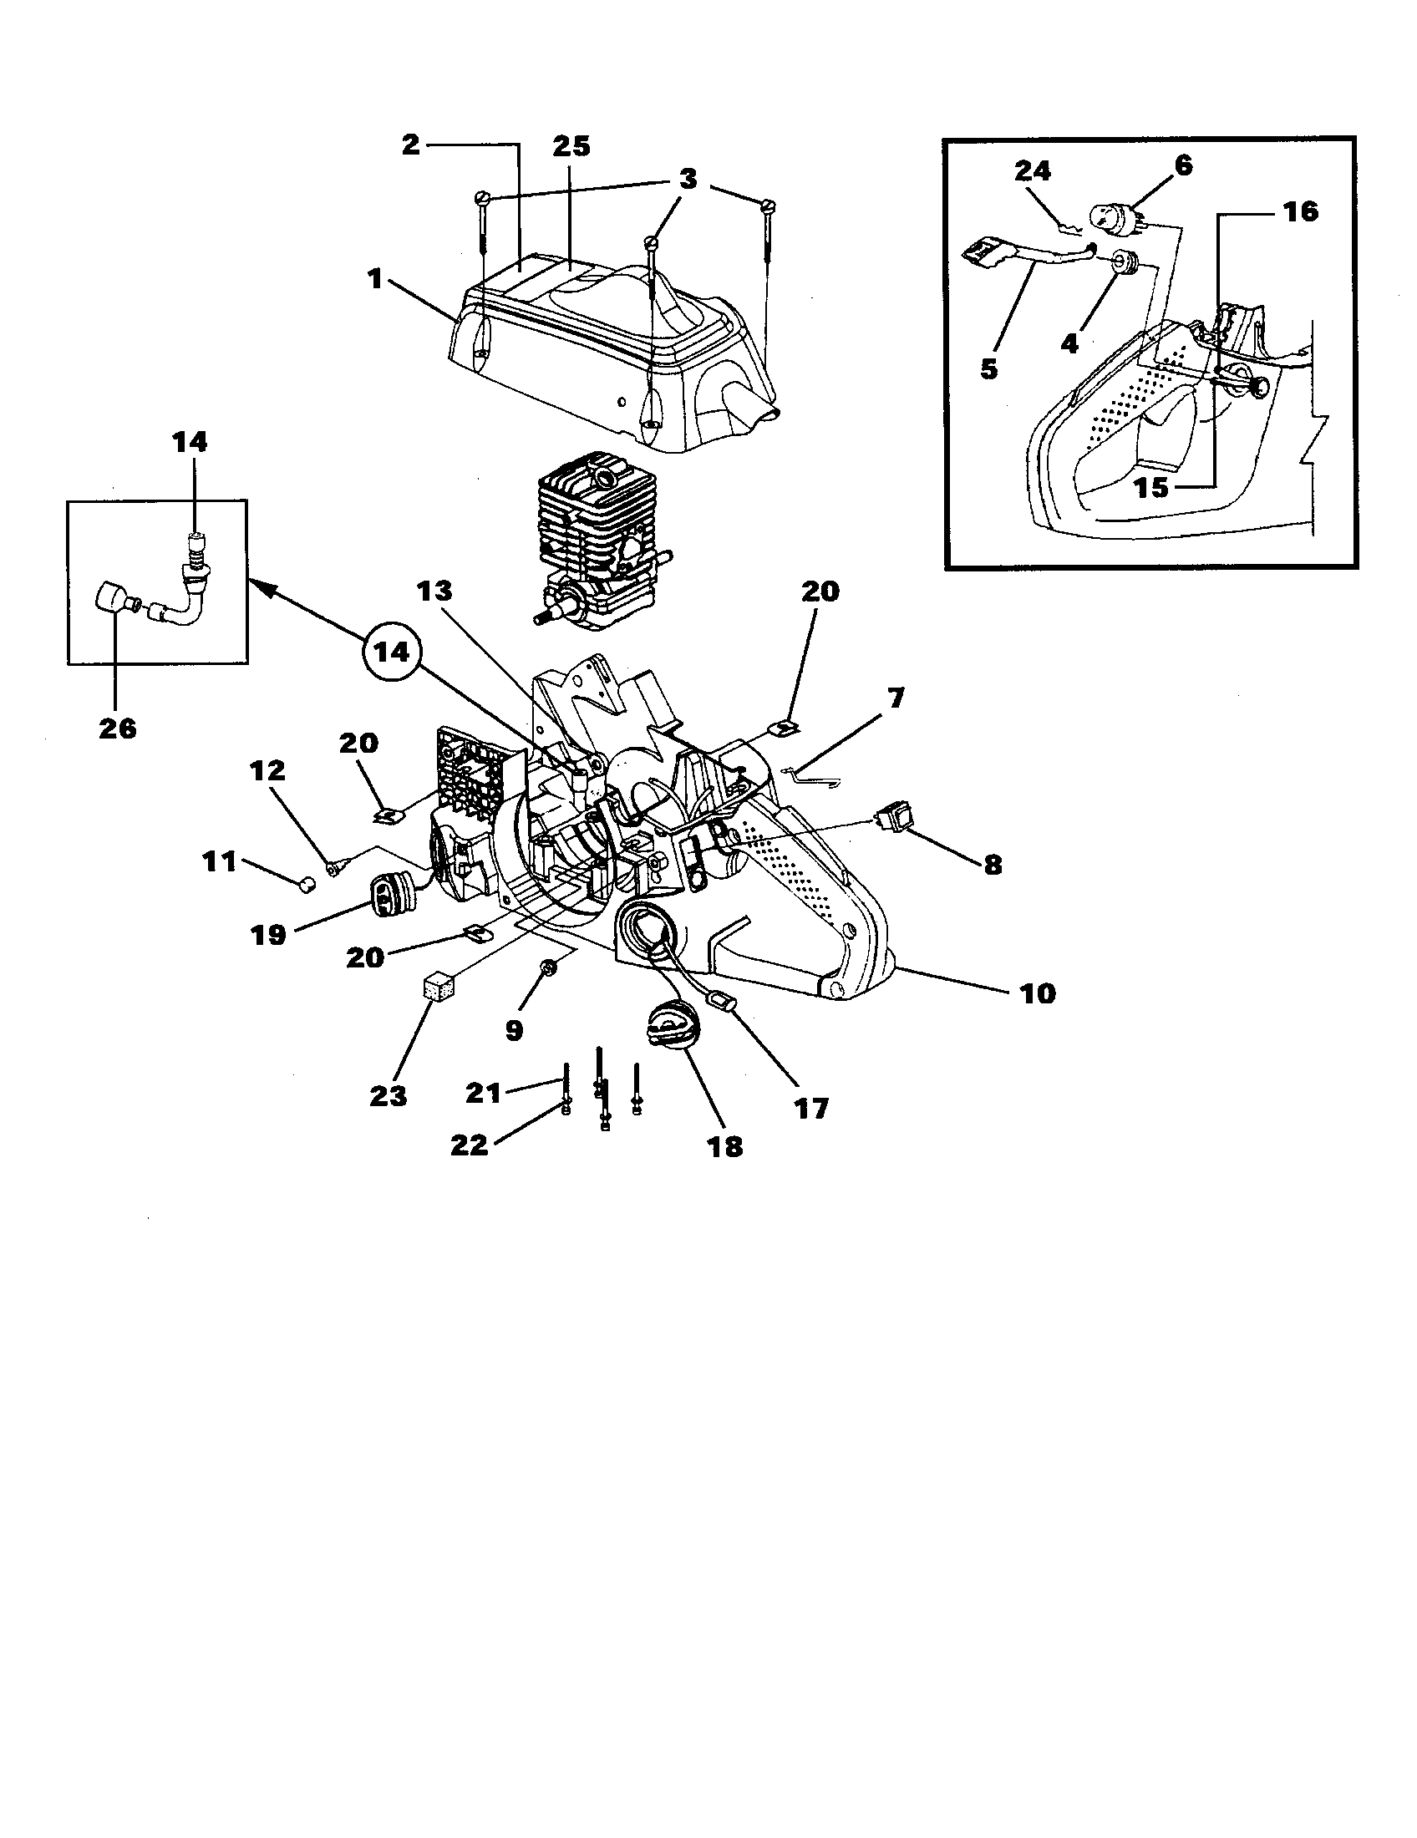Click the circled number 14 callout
click(391, 652)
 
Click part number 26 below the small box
click(117, 728)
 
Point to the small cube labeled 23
click(437, 987)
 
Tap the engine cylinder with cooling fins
click(593, 543)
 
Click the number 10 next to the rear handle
click(1037, 993)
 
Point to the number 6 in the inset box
click(1183, 165)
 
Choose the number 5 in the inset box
click(989, 368)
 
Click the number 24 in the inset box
click(1033, 170)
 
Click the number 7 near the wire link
click(896, 697)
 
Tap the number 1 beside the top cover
click(375, 278)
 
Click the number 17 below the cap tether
click(811, 1109)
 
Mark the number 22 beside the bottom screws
click(469, 1145)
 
